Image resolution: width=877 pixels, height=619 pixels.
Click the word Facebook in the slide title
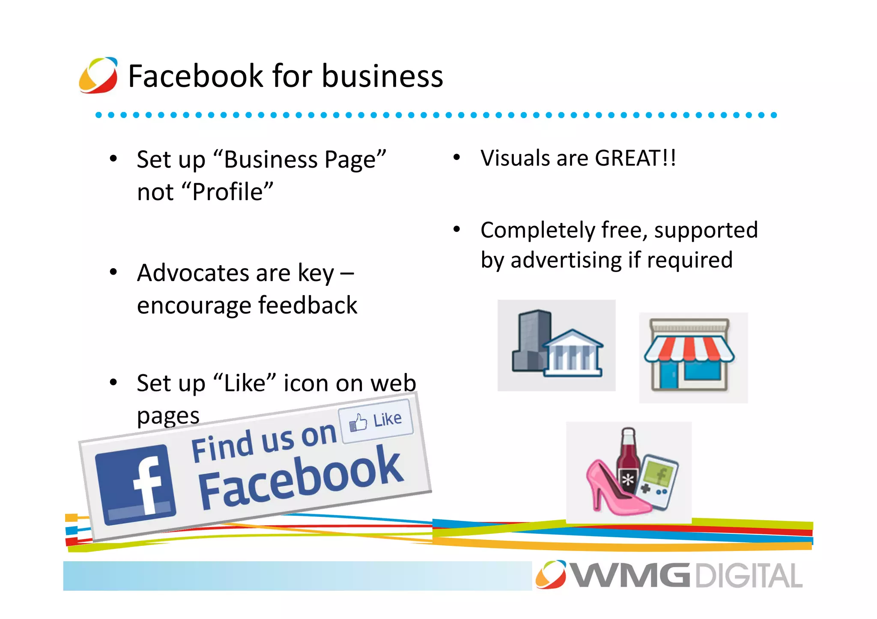195,76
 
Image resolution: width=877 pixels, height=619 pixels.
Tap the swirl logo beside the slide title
98,75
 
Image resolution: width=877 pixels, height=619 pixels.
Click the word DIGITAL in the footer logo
749,576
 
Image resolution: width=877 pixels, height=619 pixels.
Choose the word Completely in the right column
538,230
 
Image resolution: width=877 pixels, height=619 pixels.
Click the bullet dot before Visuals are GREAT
456,158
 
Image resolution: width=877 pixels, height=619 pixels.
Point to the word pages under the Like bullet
168,416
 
